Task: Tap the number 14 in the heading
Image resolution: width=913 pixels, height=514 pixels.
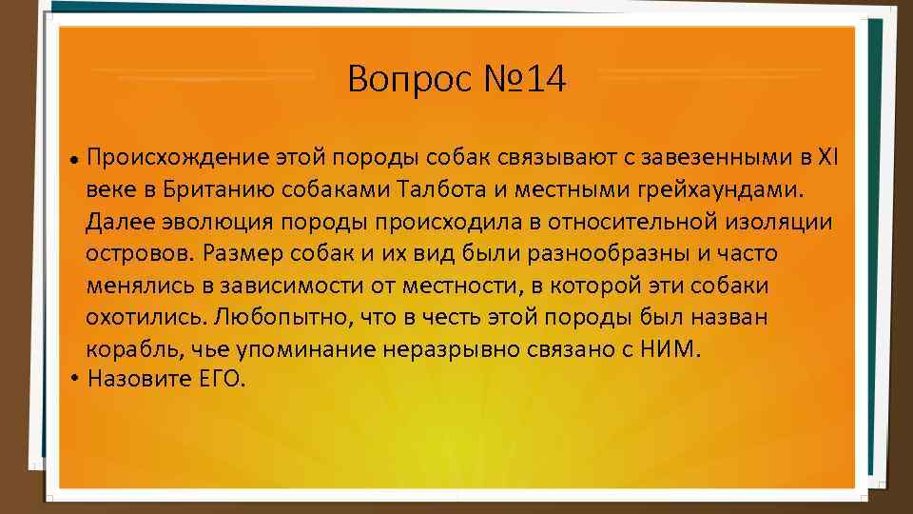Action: click(x=544, y=80)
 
